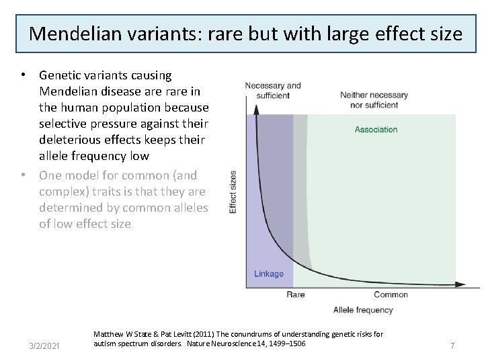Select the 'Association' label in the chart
[376, 129]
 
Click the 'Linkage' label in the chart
[269, 274]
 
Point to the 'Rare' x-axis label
[296, 294]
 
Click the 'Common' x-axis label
[391, 294]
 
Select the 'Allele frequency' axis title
[363, 310]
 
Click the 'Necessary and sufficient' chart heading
[273, 91]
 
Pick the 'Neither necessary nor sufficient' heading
[374, 99]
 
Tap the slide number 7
[452, 346]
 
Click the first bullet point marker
[24, 75]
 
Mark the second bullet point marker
[24, 175]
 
